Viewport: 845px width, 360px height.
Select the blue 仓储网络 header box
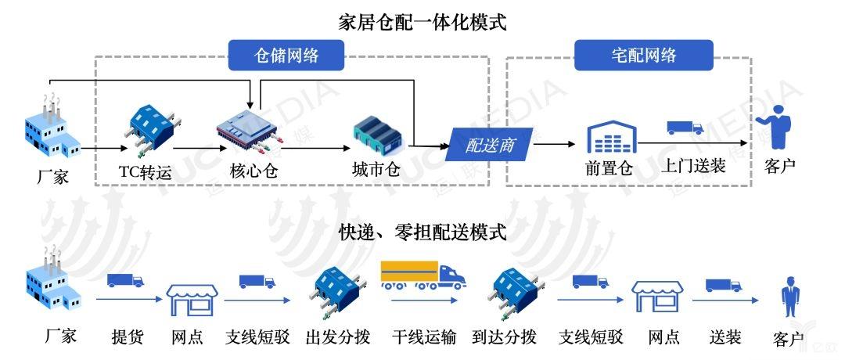[x=287, y=55]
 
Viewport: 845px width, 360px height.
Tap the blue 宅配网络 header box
[x=643, y=55]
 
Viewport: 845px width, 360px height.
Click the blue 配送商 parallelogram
[x=489, y=144]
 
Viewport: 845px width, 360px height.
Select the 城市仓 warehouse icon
[x=377, y=135]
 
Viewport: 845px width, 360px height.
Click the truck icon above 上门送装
[x=685, y=128]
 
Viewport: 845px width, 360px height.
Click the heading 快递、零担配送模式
[x=422, y=232]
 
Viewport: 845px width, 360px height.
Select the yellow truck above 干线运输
[x=422, y=274]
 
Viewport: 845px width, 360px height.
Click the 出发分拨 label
[x=337, y=337]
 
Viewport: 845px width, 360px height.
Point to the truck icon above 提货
[x=125, y=280]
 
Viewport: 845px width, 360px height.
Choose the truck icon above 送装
[x=723, y=286]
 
